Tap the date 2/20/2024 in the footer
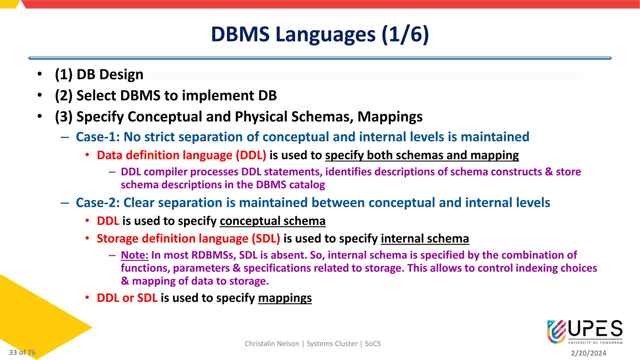(588, 353)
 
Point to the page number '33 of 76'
(22, 352)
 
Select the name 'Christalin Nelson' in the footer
(272, 344)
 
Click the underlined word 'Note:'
(134, 255)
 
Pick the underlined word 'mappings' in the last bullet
(285, 298)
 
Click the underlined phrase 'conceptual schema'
(272, 221)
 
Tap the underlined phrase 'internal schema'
(425, 239)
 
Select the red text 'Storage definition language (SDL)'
(188, 239)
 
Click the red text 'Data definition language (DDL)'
(181, 155)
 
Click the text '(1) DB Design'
(99, 75)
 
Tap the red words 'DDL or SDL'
(127, 298)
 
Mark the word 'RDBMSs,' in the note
(213, 255)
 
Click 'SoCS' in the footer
(372, 344)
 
